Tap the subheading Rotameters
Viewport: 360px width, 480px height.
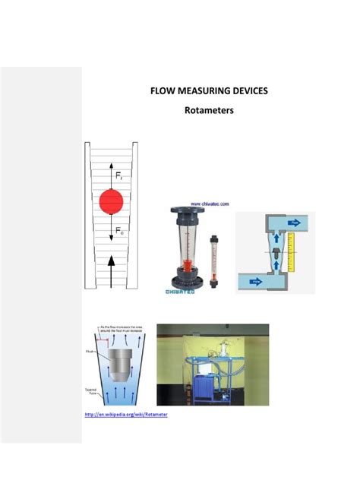[209, 111]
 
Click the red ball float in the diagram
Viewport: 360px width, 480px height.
[111, 202]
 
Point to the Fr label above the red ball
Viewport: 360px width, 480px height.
[119, 176]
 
